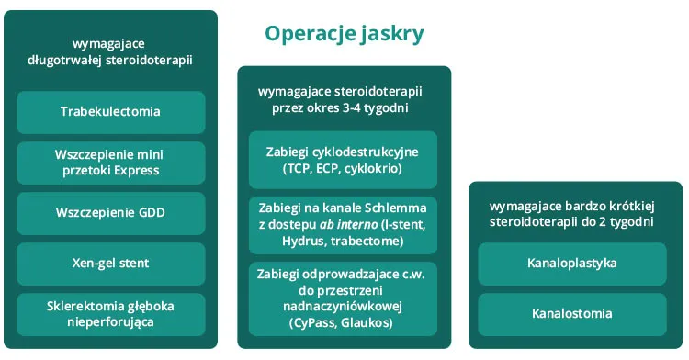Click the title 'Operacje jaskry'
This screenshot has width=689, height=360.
pos(344,34)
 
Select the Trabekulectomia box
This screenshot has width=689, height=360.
pos(110,112)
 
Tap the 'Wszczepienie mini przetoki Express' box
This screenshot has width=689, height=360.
pos(110,163)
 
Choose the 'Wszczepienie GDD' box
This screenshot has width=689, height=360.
pos(110,213)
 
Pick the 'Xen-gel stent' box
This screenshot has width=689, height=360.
pos(110,264)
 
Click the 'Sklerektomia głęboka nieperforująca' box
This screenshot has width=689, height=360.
pos(110,314)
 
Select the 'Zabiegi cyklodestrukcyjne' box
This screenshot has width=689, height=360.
pos(344,162)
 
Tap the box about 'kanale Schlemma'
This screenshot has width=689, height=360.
pos(344,225)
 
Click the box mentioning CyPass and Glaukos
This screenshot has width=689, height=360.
pos(344,298)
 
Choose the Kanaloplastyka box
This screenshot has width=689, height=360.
pos(572,264)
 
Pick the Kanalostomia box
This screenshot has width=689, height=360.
pos(572,314)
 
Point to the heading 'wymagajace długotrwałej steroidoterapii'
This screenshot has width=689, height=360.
pos(110,51)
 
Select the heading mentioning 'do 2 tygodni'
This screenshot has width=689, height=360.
pos(571,214)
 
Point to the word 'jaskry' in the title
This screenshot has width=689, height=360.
pos(390,34)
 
